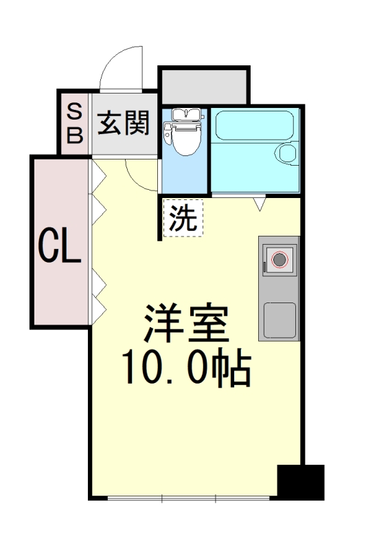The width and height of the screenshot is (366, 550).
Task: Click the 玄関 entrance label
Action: [124, 124]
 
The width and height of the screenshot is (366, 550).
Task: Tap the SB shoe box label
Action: [74, 124]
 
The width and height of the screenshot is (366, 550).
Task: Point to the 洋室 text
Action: [185, 323]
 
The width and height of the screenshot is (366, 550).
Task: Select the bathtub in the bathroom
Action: [254, 126]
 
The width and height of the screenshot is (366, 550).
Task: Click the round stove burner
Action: [279, 260]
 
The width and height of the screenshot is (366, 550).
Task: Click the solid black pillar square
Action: [300, 482]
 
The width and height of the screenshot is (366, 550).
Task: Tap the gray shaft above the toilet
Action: [203, 85]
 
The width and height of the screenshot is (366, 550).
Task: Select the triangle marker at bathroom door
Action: [260, 203]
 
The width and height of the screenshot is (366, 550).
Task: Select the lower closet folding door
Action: [98, 292]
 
